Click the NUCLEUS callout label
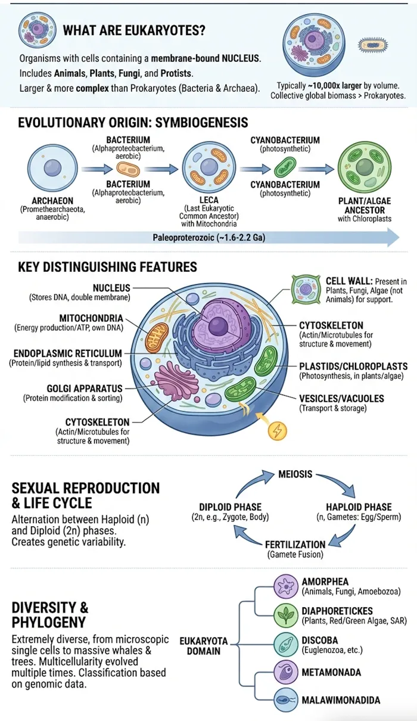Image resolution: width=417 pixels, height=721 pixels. [111, 288]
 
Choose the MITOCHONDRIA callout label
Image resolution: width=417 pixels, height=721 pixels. [91, 319]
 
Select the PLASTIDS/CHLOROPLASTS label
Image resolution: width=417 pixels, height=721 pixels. [354, 366]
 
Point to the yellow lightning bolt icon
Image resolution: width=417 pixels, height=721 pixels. [278, 431]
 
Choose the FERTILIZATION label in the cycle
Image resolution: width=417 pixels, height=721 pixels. [295, 544]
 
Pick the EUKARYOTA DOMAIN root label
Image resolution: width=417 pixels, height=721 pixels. [204, 646]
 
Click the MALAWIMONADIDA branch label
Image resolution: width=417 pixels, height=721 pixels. [341, 700]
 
